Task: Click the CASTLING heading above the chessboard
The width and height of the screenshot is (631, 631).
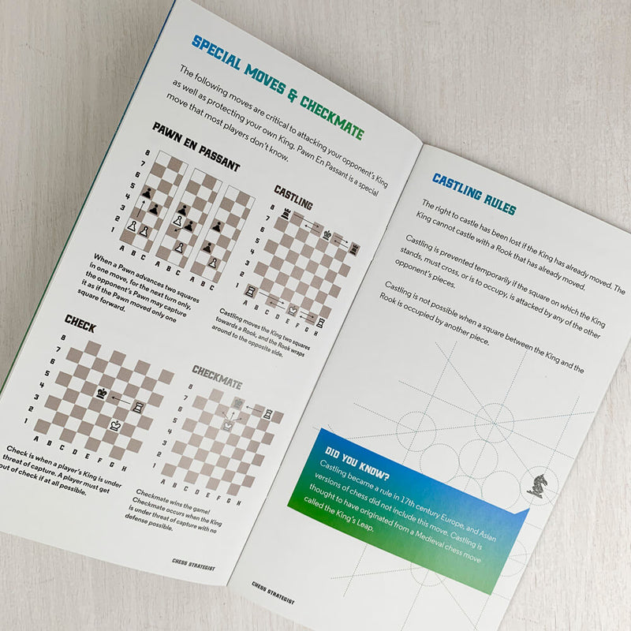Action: click(x=293, y=197)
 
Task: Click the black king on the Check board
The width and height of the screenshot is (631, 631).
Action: click(x=102, y=392)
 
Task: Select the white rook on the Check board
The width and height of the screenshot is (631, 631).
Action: click(x=138, y=407)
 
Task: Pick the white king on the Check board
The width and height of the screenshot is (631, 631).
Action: click(x=114, y=424)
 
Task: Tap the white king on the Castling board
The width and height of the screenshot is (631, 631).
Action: click(x=293, y=309)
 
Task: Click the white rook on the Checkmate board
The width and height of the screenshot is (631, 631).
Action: click(x=269, y=413)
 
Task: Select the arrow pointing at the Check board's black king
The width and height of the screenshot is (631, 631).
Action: click(x=120, y=400)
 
